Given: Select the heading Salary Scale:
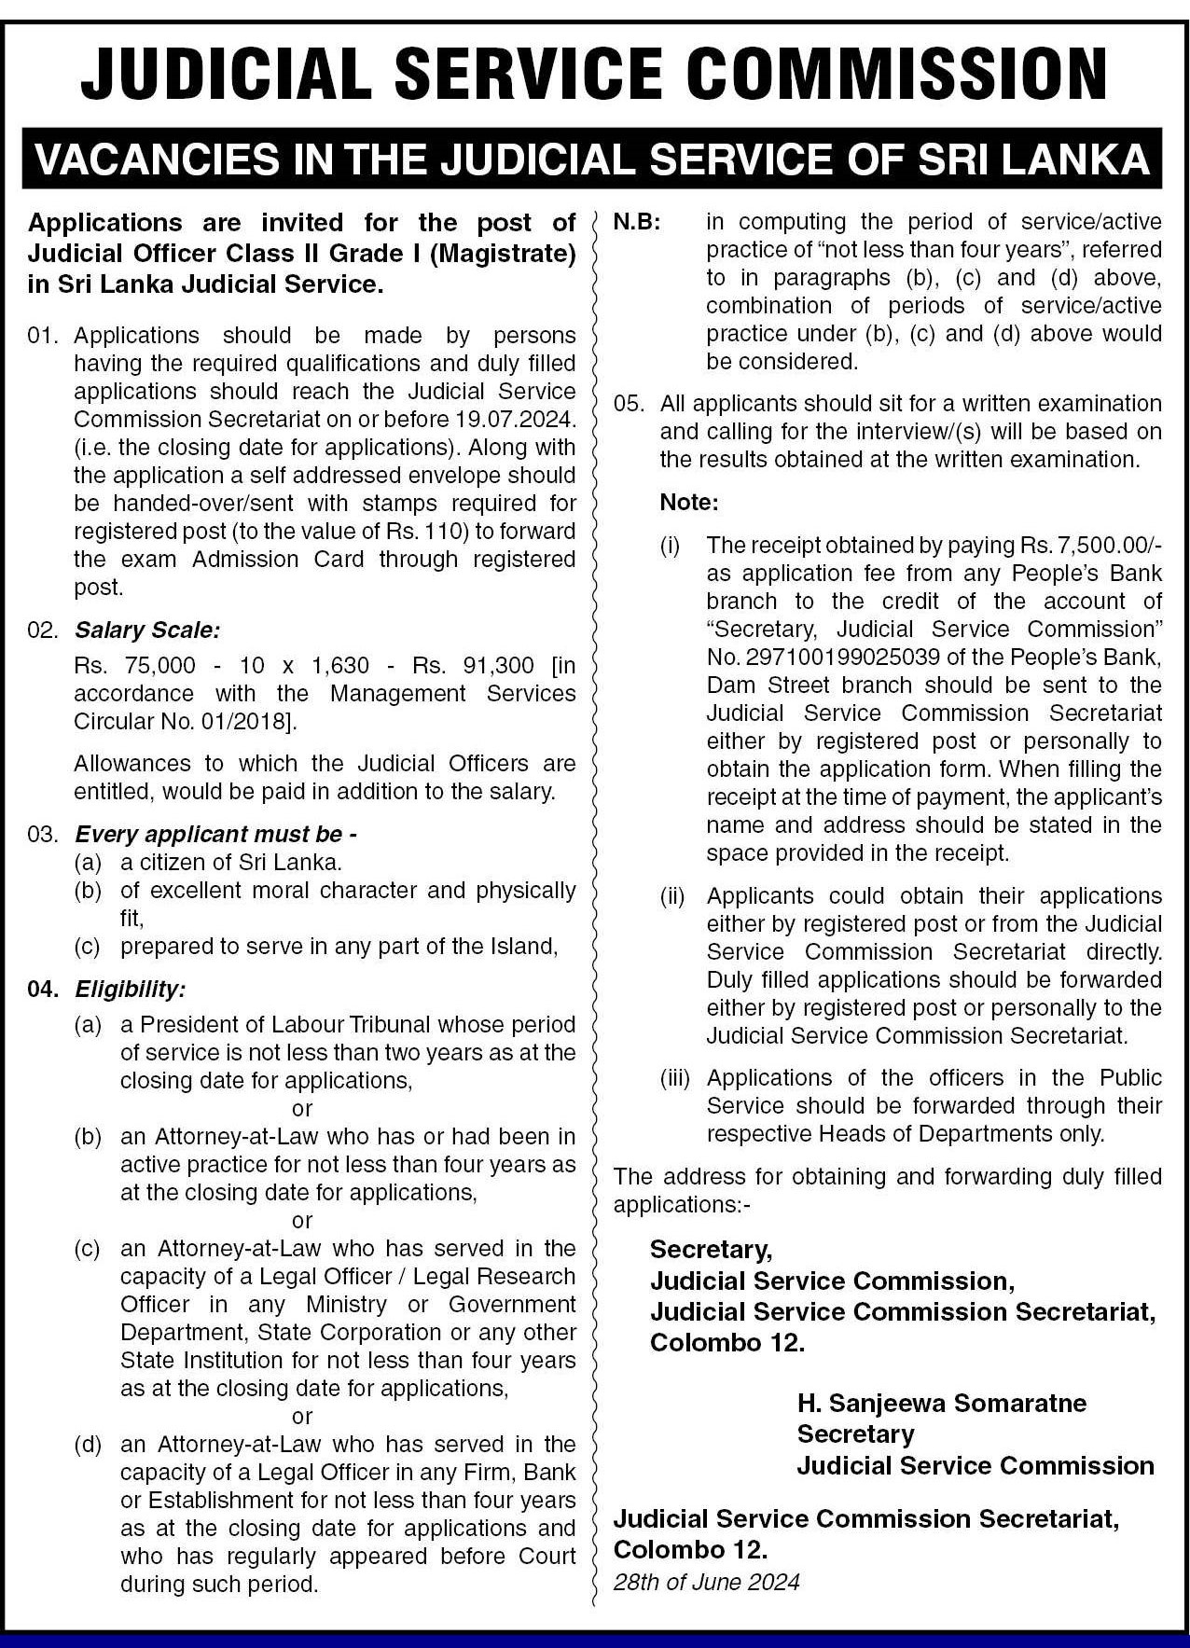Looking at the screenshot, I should click(147, 630).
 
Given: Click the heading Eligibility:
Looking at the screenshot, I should click(131, 989).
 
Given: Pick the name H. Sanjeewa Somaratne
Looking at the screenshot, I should click(941, 1403).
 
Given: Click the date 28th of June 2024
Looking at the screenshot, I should click(706, 1582).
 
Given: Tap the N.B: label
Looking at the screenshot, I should click(636, 223).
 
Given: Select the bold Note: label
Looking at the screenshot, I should click(689, 503).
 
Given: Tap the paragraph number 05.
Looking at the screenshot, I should click(629, 404).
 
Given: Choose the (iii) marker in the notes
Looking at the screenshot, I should click(675, 1078).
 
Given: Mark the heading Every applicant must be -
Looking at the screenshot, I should click(216, 834).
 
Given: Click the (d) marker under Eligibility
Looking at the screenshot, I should click(89, 1445).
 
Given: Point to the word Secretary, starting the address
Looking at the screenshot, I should click(711, 1249).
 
